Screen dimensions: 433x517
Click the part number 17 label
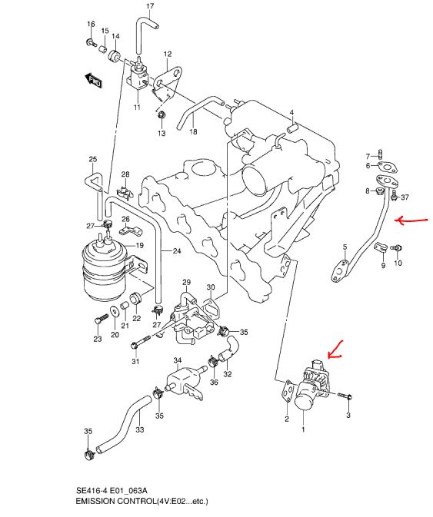tap(150, 6)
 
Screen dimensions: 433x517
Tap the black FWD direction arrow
tap(93, 80)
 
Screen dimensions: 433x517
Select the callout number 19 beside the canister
tap(140, 245)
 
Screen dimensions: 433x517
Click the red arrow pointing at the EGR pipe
tap(411, 220)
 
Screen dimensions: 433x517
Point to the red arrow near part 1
tap(335, 351)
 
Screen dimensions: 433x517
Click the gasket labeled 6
tap(387, 167)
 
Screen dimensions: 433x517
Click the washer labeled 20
tap(115, 310)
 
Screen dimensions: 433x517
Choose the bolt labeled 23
tap(100, 319)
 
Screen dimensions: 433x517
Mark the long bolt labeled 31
tap(141, 342)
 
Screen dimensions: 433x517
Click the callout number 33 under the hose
tap(140, 430)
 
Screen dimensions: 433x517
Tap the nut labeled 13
tap(162, 115)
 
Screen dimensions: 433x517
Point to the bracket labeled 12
tap(168, 82)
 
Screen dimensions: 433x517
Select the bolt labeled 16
tap(91, 42)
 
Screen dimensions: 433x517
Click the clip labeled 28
tap(125, 192)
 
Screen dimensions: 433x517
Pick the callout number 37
tap(405, 197)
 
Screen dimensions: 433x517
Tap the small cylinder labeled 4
tap(292, 128)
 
